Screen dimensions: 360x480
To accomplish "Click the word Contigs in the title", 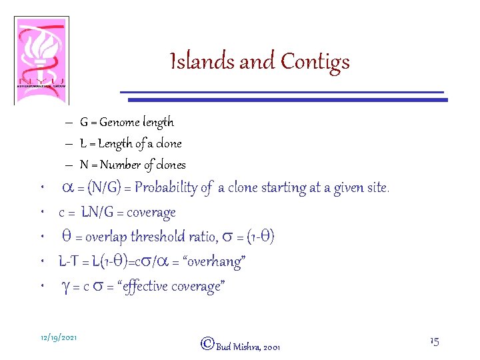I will click(x=315, y=62).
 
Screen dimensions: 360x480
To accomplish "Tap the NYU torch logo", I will click(x=41, y=61).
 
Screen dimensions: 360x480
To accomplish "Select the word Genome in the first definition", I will click(x=122, y=122).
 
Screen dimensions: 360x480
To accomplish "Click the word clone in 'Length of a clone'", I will click(x=169, y=143).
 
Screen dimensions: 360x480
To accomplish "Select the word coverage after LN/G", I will click(x=152, y=213).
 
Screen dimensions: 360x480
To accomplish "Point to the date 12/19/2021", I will click(x=58, y=338).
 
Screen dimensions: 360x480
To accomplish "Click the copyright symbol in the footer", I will click(x=207, y=344).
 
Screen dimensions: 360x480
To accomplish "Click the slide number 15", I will click(x=434, y=341).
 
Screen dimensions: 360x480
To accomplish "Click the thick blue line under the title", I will click(x=287, y=100).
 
